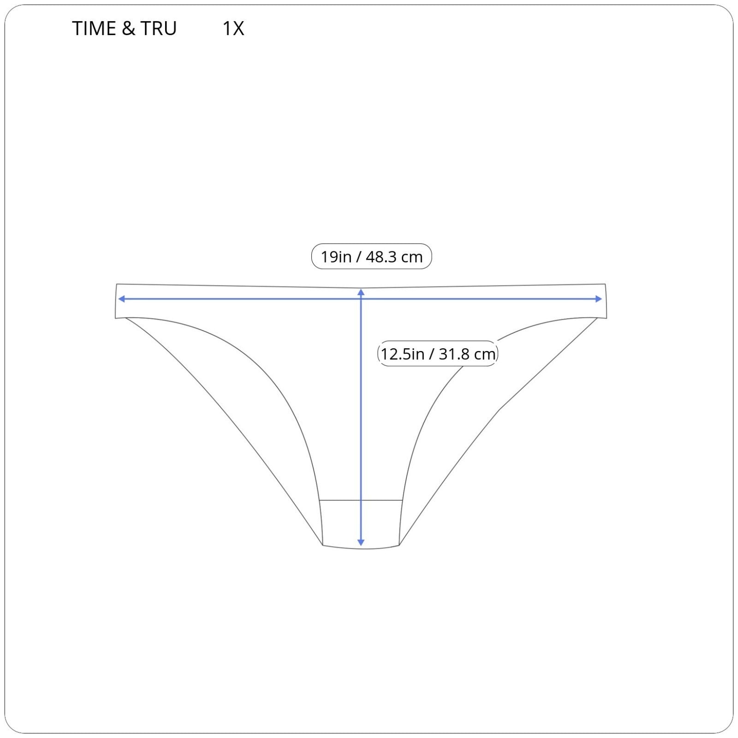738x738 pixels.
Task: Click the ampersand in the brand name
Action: click(x=129, y=29)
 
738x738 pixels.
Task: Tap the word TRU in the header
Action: click(x=159, y=29)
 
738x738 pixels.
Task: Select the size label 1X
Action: click(x=233, y=29)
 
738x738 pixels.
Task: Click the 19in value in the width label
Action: click(x=336, y=257)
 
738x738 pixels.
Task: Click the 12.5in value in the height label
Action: click(x=402, y=354)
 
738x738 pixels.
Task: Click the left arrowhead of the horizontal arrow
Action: click(x=121, y=299)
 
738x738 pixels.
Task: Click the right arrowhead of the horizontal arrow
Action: click(x=599, y=299)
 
